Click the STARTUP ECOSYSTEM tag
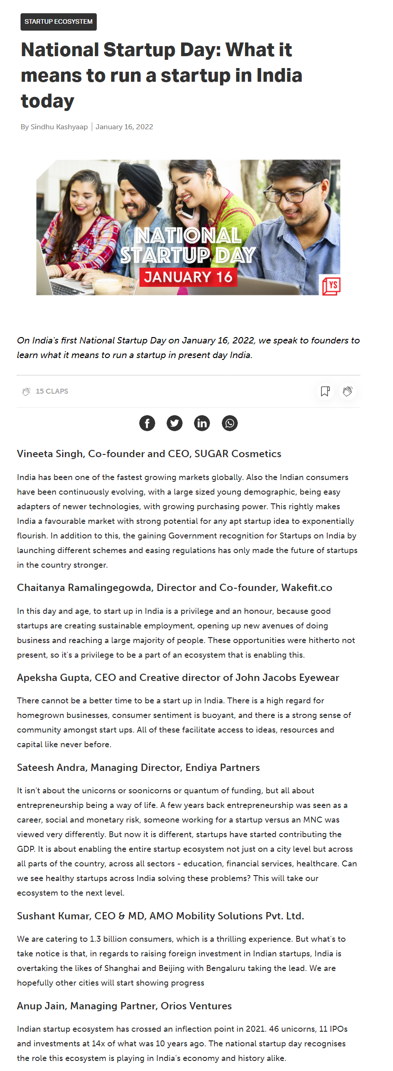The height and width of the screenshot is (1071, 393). [x=58, y=21]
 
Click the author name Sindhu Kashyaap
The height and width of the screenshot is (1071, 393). [x=59, y=127]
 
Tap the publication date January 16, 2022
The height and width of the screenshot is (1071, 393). [x=124, y=127]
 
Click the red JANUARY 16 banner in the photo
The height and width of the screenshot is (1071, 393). [x=188, y=277]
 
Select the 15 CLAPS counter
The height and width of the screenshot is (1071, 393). [x=52, y=391]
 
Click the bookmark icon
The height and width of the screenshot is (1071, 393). [x=325, y=391]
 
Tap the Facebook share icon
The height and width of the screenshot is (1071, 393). [x=147, y=423]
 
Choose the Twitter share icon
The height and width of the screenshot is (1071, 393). [x=174, y=423]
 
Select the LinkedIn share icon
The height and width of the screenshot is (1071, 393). [x=202, y=423]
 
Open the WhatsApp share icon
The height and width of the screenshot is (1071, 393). [x=230, y=423]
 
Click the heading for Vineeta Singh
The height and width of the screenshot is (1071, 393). [x=149, y=454]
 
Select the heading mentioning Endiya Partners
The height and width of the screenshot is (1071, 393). [x=138, y=767]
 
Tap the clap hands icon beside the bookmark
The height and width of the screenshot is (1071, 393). [x=348, y=391]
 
